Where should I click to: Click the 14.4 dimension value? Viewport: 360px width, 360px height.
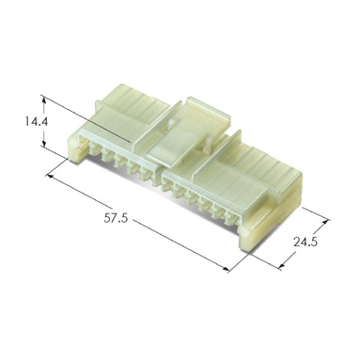click(37, 121)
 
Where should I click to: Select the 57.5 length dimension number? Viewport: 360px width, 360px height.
click(116, 218)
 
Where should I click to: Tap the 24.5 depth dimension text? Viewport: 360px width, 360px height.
click(305, 243)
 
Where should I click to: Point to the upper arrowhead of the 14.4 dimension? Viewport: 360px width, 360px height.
click(44, 100)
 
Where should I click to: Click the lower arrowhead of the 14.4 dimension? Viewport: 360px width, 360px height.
click(44, 143)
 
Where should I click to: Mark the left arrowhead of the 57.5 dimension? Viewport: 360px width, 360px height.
click(51, 177)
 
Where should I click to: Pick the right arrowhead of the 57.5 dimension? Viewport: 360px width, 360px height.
click(226, 269)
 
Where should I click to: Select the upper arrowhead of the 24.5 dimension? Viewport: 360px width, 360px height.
click(326, 222)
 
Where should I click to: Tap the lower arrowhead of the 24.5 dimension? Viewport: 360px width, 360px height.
click(282, 266)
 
